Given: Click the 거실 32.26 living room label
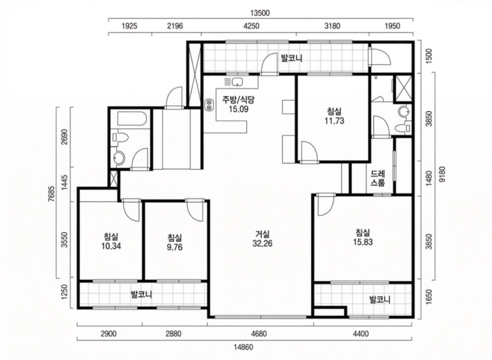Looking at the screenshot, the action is [263, 239].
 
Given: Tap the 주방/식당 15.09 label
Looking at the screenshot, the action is [239, 104].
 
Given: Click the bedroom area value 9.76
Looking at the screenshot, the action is [175, 247].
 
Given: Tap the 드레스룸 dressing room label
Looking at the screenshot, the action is [378, 178].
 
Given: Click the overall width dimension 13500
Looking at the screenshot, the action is [260, 13].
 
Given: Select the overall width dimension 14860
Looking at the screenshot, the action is [243, 348].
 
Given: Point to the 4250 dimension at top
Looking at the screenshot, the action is [252, 26].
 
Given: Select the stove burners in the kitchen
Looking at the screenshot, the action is [208, 105].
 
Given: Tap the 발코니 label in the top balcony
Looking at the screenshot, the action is [292, 58].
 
